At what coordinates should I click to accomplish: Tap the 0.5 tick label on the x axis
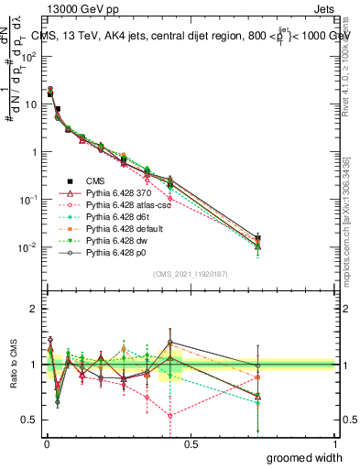190,444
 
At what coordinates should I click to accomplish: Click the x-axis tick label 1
334,444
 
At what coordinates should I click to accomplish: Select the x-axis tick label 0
46,444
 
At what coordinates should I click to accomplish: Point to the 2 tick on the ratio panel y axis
33,309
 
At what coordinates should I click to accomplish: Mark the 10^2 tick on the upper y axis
29,56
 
